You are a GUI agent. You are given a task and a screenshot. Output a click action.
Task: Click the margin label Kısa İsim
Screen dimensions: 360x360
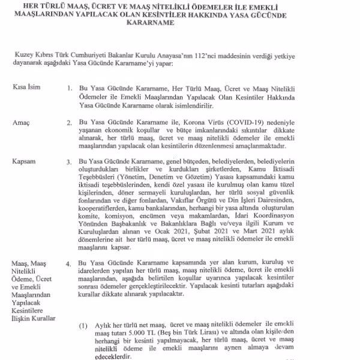(27, 87)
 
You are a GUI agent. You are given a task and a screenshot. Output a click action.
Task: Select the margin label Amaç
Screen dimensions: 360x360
(21, 122)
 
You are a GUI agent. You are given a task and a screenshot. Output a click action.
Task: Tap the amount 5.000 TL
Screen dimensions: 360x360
(137, 332)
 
